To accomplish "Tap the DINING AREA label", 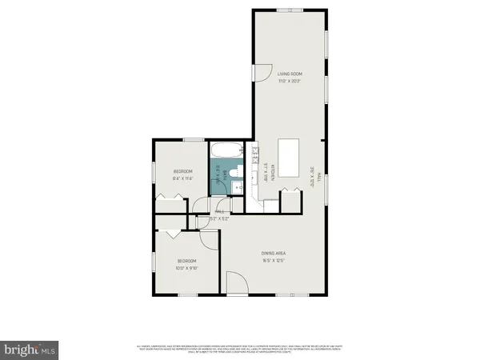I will click(274, 252).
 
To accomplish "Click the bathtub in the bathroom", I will click(224, 150).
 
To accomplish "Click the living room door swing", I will click(263, 73).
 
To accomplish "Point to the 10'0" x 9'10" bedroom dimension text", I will click(186, 268).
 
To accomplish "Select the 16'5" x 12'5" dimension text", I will click(274, 260).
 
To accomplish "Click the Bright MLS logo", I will click(30, 350).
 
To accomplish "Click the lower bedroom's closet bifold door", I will click(173, 233).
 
